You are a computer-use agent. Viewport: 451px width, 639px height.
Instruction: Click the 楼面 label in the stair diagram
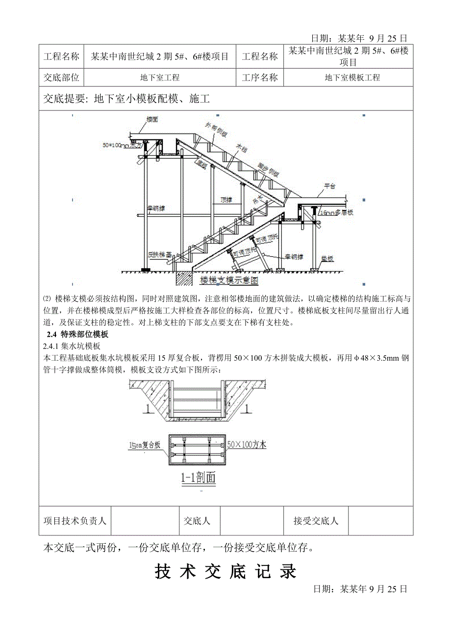coord(152,120)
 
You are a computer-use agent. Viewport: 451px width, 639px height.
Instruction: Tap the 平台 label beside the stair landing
coord(329,187)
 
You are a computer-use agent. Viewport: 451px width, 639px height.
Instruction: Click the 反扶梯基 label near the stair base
coord(160,255)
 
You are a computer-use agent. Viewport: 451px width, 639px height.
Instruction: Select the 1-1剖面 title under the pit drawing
coord(197,478)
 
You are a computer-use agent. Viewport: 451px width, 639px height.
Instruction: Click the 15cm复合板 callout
coord(143,445)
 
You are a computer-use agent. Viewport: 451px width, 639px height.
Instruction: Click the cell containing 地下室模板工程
coord(352,78)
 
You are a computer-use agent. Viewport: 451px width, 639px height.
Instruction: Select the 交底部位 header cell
coord(62,78)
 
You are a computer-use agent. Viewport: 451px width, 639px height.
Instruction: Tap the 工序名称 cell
coord(260,78)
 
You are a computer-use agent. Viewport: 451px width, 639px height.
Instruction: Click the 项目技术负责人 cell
coord(75,521)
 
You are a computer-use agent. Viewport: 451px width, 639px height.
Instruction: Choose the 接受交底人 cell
coord(316,521)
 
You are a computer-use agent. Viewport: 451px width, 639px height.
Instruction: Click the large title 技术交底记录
coord(225,571)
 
